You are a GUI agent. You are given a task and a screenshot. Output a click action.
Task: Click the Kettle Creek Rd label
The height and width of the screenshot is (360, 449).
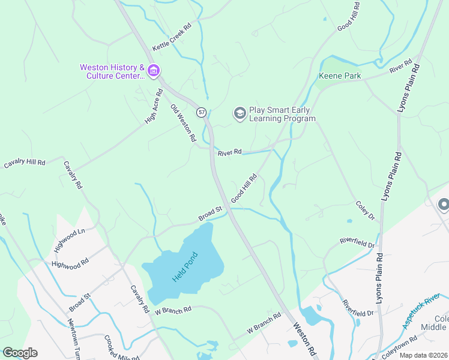click(x=171, y=37)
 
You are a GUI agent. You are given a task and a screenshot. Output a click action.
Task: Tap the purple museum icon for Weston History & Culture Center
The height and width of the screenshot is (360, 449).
click(x=154, y=71)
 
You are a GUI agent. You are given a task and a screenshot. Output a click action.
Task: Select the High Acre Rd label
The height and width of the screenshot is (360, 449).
click(x=154, y=106)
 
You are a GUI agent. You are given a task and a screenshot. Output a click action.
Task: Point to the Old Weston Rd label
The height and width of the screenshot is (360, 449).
click(x=184, y=123)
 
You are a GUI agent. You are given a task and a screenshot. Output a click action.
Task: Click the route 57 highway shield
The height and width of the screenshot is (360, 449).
click(x=202, y=112)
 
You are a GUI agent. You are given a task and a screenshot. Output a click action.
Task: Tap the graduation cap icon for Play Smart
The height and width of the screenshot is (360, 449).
click(x=240, y=113)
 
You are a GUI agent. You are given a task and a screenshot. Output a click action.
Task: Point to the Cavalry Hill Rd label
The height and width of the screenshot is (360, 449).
click(x=25, y=163)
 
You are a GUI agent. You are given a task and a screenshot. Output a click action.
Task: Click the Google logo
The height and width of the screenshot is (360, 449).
click(x=20, y=352)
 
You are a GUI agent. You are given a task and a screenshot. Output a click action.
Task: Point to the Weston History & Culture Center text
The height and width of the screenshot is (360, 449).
click(x=112, y=71)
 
